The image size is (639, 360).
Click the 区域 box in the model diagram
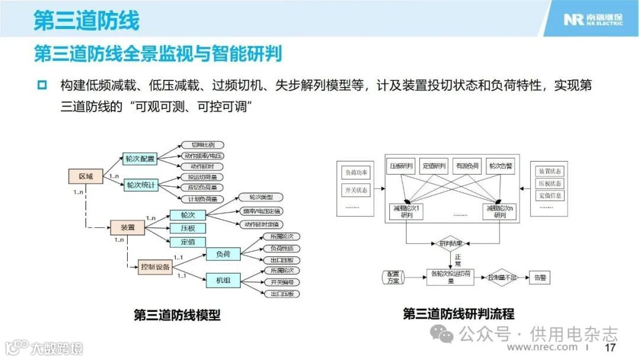click(86, 176)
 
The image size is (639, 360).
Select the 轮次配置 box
click(140, 159)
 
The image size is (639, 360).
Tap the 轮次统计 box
click(140, 185)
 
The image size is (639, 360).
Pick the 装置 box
click(128, 227)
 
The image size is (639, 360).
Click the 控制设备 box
click(156, 267)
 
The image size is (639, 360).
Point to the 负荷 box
click(223, 255)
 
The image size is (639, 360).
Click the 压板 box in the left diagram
click(187, 229)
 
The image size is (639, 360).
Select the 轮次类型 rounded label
click(261, 197)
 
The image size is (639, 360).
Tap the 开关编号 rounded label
click(282, 282)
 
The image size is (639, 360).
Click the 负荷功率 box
click(356, 173)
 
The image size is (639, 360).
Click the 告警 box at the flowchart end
click(540, 277)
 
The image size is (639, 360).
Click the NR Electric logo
click(592, 20)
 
